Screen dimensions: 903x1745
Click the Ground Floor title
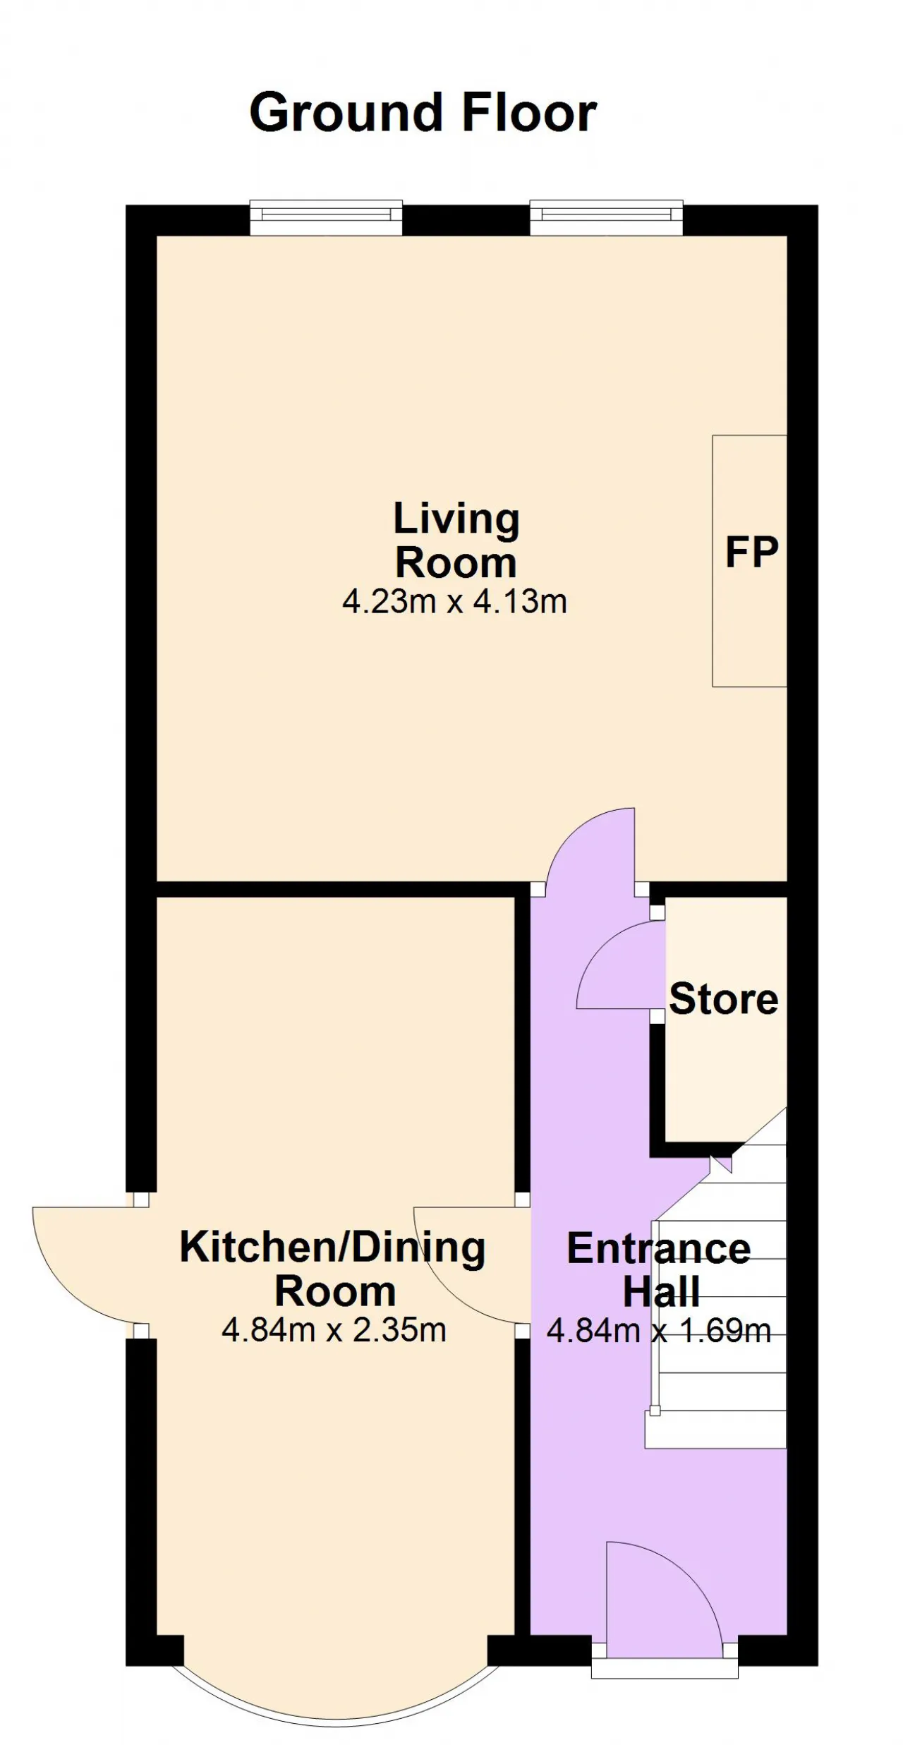point(423,114)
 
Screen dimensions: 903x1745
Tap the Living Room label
point(456,541)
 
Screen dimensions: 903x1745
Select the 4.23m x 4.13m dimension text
point(455,602)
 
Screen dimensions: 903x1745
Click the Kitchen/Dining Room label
point(333,1269)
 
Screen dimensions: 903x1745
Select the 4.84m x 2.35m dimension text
point(334,1330)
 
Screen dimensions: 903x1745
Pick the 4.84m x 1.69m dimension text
point(659,1331)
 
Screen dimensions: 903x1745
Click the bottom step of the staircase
point(715,1430)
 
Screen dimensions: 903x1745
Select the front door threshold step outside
point(665,1668)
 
